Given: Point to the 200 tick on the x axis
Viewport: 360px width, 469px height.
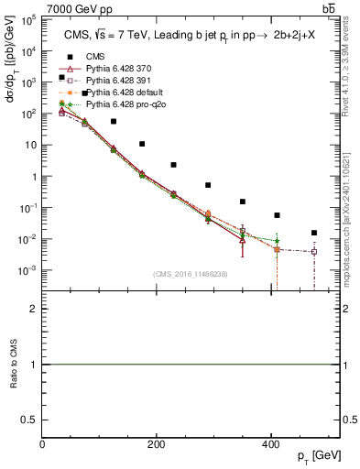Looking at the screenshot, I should [x=157, y=444].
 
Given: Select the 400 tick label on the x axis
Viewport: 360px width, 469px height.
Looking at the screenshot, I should [x=270, y=444].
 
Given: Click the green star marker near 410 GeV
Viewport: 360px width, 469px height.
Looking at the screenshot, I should [x=277, y=241].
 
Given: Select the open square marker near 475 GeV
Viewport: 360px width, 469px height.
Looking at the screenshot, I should [x=314, y=251].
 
